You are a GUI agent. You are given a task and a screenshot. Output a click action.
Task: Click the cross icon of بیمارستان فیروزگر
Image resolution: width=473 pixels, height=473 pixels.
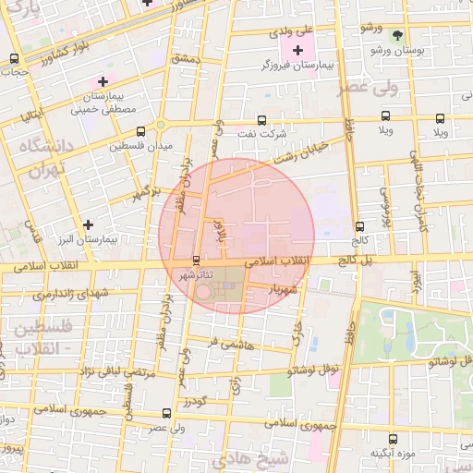(297, 50)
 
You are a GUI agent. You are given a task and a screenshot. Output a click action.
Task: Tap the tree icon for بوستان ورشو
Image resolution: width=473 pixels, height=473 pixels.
(397, 35)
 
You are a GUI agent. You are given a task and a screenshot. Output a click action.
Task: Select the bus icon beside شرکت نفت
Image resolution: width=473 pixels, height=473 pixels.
(262, 120)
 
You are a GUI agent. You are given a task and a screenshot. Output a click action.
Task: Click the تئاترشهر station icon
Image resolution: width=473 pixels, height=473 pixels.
(195, 261)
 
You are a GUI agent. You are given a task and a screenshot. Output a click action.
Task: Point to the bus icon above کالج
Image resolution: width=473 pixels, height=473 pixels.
(359, 225)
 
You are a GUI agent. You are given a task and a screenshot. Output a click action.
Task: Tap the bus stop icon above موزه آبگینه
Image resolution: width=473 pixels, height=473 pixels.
(394, 439)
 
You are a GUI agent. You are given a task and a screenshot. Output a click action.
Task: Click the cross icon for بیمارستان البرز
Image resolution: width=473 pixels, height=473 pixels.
(88, 224)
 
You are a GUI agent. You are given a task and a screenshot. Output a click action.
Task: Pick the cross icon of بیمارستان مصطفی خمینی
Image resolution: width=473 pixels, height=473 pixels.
(103, 82)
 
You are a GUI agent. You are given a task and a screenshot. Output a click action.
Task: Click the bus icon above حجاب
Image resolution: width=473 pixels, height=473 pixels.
(13, 57)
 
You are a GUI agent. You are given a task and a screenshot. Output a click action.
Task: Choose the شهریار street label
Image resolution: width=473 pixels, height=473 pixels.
(282, 290)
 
